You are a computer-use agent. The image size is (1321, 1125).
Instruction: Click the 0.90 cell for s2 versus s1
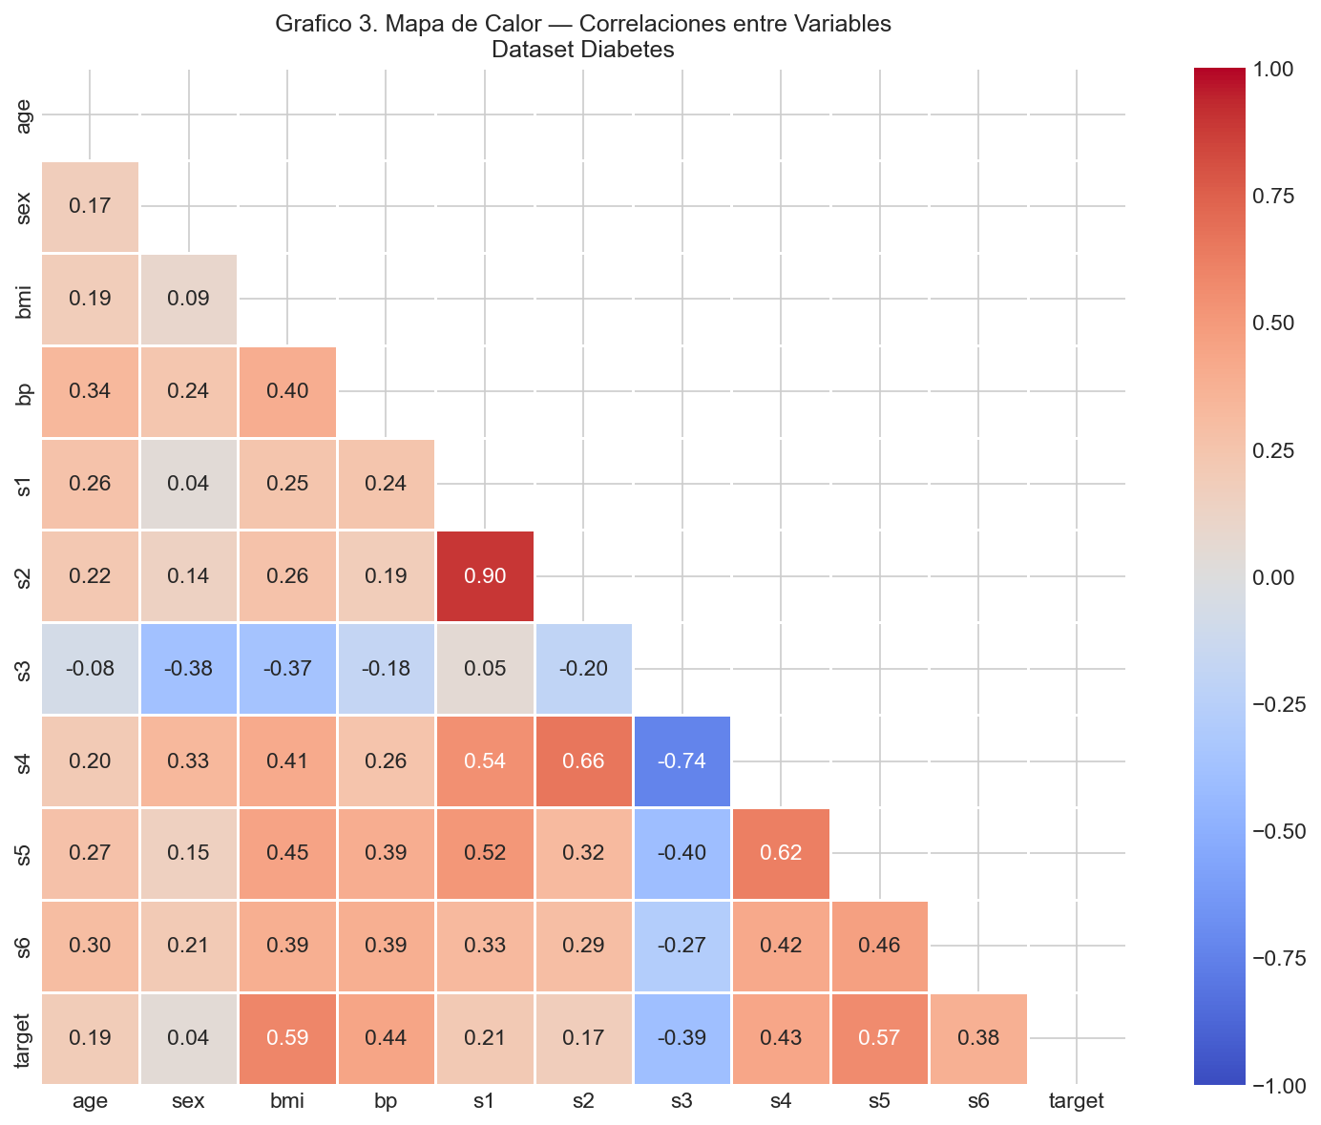click(485, 576)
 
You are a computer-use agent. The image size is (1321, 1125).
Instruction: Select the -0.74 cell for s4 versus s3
click(681, 760)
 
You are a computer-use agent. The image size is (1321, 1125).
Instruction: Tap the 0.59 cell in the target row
click(287, 1038)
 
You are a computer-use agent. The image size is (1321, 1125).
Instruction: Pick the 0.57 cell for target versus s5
click(879, 1038)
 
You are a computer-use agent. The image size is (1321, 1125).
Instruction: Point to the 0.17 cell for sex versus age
click(90, 206)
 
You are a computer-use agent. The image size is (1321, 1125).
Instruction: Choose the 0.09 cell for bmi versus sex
click(189, 299)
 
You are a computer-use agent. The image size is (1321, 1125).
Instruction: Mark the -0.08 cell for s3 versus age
click(90, 669)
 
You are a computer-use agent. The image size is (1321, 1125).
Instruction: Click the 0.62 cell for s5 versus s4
click(781, 853)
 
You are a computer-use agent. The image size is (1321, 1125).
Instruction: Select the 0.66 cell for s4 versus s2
click(583, 760)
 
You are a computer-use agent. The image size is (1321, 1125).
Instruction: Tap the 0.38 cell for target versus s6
click(978, 1038)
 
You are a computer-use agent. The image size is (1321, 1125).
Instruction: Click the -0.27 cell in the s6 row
click(681, 946)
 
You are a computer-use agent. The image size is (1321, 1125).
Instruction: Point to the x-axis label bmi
click(287, 1101)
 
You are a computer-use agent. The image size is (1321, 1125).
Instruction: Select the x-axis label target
click(1077, 1101)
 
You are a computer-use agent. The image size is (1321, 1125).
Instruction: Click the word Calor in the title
click(513, 24)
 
